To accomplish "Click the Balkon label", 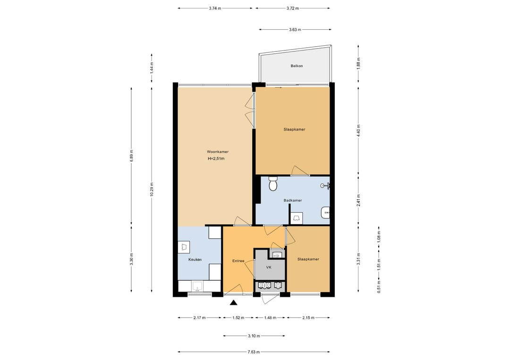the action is pos(297,66).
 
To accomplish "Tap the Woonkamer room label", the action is pos(218,152).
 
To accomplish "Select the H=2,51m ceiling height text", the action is pos(216,159).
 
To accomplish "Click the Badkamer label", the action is pos(293,201).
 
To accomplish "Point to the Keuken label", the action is pos(195,260).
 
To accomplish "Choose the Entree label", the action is pos(238,261).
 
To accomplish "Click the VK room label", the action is pos(269,268).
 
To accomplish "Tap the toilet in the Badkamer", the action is pos(273,184).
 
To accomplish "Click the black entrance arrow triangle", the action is pos(233,303).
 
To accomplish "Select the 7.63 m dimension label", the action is pos(254,352).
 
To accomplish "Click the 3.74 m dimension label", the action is pos(215,8).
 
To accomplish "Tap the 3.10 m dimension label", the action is pos(254,336).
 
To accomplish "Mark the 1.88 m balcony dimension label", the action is pos(358,64).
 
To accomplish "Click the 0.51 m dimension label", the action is pos(379,287).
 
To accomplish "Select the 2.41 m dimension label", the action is pos(358,201).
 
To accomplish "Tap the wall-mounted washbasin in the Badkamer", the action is pos(325,212).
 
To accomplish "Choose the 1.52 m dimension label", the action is pos(238,318).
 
